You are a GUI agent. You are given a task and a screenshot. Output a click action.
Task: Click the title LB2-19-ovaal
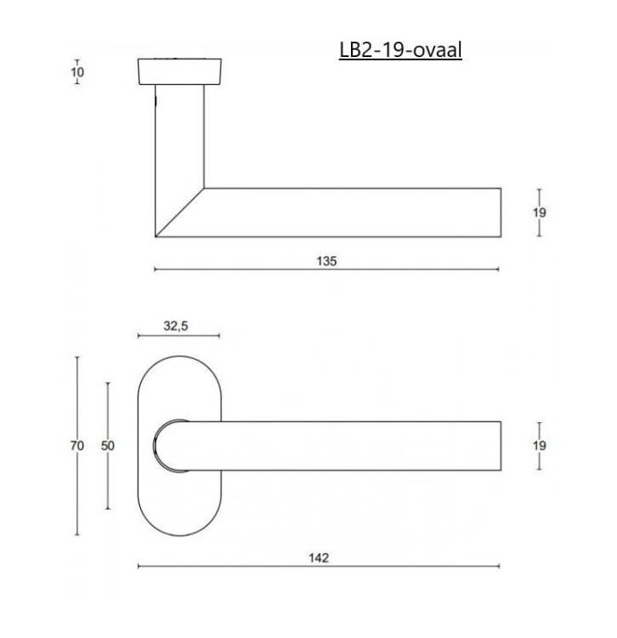coord(400,50)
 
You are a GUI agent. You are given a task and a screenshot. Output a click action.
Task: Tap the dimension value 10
coord(77,72)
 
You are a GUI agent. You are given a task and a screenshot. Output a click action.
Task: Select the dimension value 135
coord(327,261)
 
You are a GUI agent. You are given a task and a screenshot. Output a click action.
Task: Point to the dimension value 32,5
coord(176,326)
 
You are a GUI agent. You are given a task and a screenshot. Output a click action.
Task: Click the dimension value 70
coord(77,446)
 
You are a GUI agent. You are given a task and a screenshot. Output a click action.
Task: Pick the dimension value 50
coord(108,446)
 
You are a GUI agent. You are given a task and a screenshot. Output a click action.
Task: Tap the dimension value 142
coord(319,557)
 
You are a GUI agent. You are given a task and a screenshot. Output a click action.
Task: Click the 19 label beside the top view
coord(540,213)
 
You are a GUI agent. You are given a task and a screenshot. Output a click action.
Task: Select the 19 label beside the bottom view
coord(540,446)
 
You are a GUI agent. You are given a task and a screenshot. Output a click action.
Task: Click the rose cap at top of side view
coord(179,71)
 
